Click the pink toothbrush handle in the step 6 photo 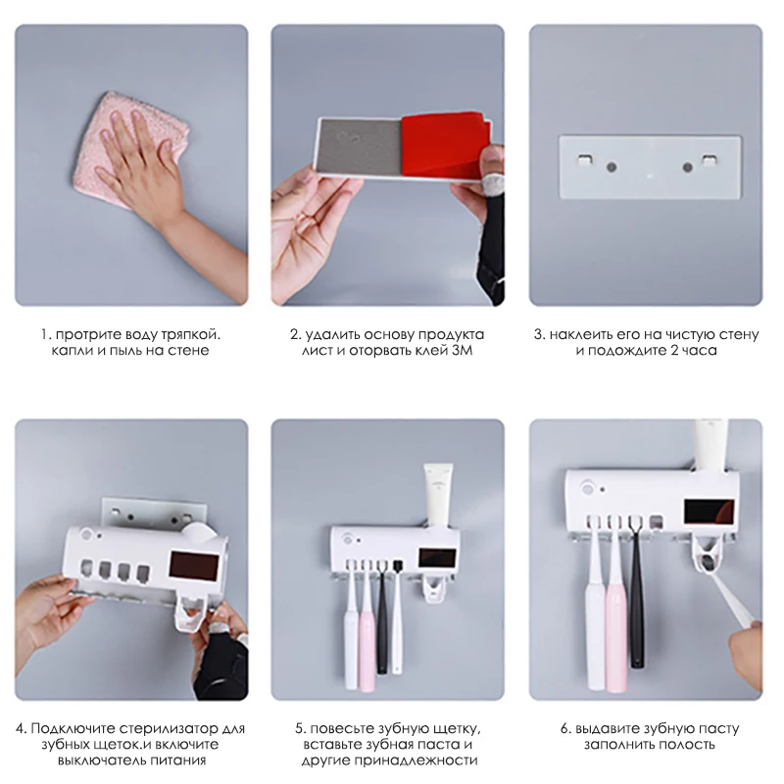[x=616, y=627]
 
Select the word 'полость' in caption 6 [x=691, y=744]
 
